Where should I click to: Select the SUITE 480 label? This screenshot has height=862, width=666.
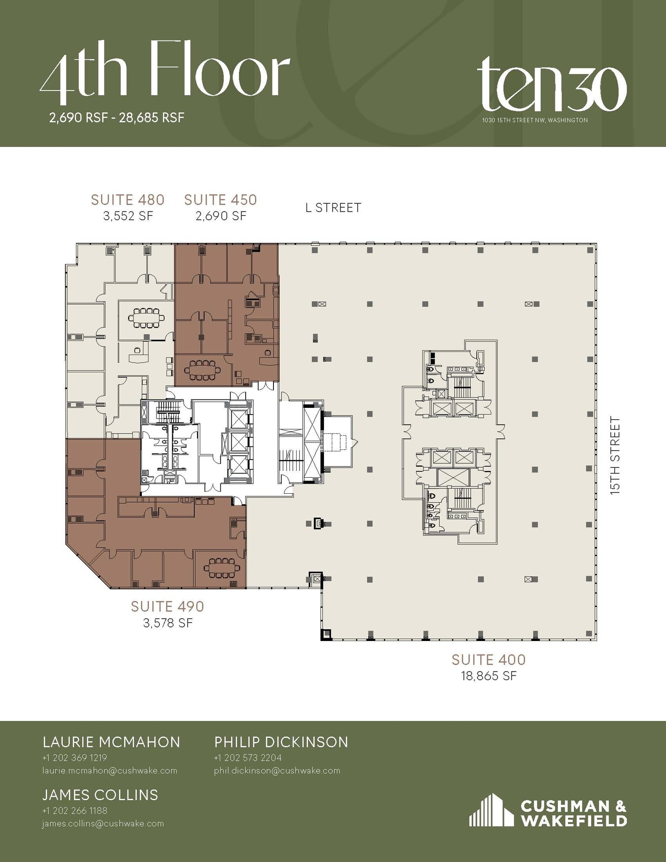[127, 200]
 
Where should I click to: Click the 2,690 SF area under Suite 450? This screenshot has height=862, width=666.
[220, 216]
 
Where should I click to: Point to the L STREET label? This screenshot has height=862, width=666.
[333, 208]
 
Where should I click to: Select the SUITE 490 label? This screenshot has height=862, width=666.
[167, 607]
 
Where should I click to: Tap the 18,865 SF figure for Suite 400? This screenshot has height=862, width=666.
[488, 676]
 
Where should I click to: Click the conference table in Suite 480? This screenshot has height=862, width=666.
[146, 318]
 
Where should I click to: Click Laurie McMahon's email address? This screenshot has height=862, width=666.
[109, 771]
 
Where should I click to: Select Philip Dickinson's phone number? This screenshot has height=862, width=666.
[247, 758]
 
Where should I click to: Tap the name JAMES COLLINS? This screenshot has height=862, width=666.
[100, 795]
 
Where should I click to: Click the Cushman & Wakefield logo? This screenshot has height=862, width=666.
[548, 811]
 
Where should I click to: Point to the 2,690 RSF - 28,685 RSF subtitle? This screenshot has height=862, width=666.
[117, 118]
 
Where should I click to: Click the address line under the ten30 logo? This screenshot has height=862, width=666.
[535, 120]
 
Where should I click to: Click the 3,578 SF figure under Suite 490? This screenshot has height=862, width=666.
[167, 623]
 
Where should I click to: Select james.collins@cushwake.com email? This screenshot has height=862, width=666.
[103, 824]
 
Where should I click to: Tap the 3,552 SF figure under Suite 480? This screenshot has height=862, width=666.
[127, 216]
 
